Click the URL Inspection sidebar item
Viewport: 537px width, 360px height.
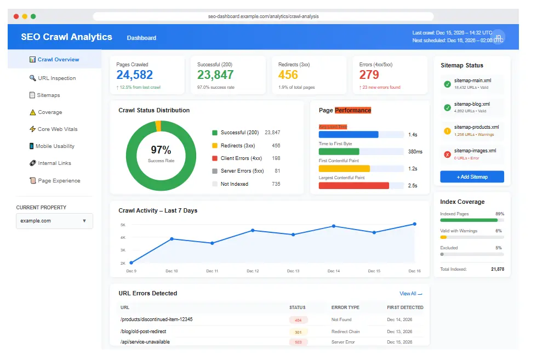56,78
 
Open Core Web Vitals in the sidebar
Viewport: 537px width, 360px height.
58,129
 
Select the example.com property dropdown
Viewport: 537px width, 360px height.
54,221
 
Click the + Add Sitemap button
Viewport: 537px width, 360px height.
472,177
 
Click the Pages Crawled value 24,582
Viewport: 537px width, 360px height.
134,75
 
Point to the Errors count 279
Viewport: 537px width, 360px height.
369,75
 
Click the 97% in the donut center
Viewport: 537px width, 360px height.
161,150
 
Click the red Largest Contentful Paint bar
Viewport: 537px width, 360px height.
353,185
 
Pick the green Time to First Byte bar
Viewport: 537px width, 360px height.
339,152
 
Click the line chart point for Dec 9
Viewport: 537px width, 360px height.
131,262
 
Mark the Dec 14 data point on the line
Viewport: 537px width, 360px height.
333,226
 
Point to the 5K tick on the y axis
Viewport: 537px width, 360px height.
123,225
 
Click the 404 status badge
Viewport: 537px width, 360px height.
298,320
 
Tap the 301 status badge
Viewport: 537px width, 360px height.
298,332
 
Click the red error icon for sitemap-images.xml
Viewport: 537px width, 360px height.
447,154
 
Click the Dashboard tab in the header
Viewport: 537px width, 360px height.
141,38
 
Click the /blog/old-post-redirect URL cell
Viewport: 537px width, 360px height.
143,332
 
